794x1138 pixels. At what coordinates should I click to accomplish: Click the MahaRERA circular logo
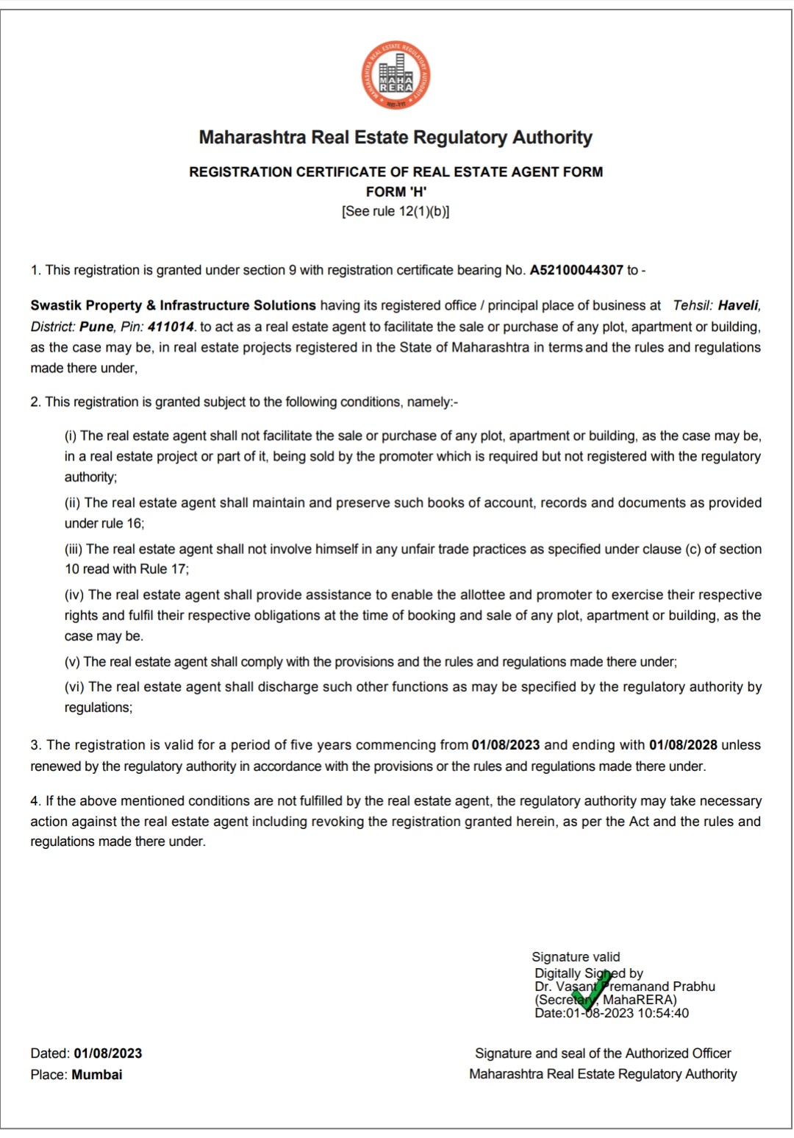(396, 76)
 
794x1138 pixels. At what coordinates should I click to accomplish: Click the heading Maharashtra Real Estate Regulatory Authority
(396, 138)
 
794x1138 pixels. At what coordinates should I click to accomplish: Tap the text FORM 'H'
(396, 191)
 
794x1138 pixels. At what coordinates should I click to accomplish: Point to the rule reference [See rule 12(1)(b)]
(396, 211)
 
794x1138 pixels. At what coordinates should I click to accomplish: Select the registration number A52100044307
(576, 270)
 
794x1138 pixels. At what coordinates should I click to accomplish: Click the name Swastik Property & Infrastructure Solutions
(173, 305)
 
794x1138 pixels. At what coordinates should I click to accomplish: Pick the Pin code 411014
(171, 327)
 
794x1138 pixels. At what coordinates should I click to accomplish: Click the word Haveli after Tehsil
(739, 305)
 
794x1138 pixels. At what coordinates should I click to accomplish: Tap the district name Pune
(96, 327)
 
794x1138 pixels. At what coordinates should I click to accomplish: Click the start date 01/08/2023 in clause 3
(506, 744)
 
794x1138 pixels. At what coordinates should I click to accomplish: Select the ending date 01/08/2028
(683, 744)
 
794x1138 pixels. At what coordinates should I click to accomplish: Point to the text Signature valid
(576, 956)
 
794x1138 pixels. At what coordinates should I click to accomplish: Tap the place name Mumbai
(97, 1075)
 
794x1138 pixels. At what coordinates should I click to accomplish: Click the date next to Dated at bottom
(108, 1053)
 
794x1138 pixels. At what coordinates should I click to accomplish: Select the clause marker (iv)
(74, 594)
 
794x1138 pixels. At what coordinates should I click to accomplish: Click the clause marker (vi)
(74, 686)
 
